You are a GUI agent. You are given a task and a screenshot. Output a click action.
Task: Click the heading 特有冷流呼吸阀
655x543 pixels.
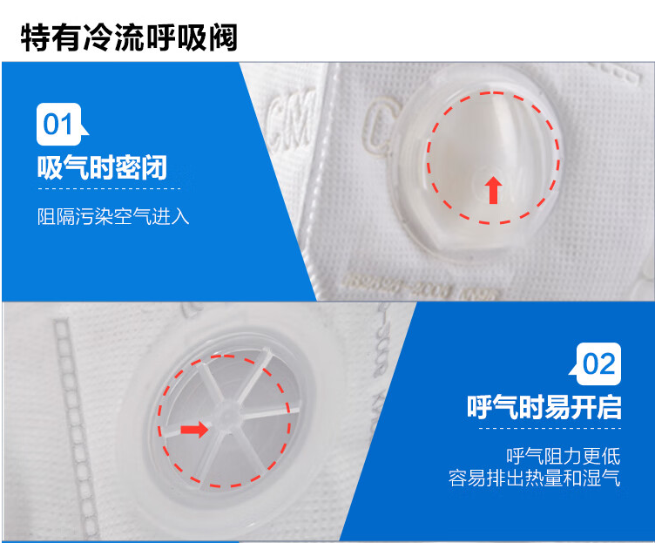(129, 37)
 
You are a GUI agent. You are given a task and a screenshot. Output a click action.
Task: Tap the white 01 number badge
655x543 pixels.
(59, 124)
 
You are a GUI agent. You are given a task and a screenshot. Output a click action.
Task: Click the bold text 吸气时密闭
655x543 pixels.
(103, 167)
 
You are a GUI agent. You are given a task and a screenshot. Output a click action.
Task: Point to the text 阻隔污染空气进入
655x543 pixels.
(113, 216)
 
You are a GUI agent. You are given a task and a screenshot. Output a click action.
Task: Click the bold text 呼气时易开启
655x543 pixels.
(544, 407)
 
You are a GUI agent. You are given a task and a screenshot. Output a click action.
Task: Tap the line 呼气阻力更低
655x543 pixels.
(564, 456)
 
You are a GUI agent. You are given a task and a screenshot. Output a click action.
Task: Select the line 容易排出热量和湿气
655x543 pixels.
(535, 478)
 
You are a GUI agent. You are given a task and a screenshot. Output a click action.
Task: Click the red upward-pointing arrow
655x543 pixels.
(494, 190)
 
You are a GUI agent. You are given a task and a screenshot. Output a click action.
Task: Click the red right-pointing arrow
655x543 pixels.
(194, 430)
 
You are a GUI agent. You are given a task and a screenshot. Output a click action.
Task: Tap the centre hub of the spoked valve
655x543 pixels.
(226, 412)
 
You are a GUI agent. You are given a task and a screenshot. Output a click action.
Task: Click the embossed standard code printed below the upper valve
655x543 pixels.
(421, 287)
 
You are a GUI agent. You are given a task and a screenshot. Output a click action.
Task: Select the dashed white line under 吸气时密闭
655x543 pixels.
(109, 188)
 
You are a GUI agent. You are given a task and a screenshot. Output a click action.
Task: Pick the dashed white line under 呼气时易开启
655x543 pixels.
(550, 429)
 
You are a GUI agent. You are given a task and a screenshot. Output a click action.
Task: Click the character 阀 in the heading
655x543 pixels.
(224, 37)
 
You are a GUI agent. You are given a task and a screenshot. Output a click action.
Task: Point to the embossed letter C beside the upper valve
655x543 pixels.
(379, 124)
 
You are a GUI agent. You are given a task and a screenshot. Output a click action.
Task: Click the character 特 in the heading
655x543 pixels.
(36, 37)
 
